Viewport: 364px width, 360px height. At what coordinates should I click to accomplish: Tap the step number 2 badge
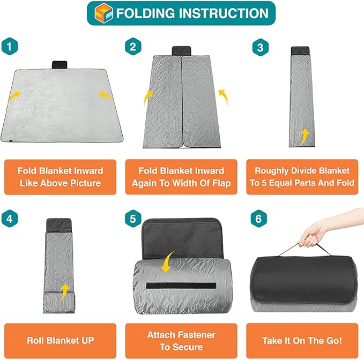[x=132, y=47]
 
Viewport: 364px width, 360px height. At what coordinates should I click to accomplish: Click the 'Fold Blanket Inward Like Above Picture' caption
[x=60, y=177]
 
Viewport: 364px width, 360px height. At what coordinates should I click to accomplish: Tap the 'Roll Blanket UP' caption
[x=60, y=340]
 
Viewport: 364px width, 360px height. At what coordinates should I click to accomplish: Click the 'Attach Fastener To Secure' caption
[x=182, y=341]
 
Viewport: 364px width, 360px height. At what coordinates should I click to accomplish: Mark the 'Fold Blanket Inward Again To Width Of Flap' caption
[x=182, y=177]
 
